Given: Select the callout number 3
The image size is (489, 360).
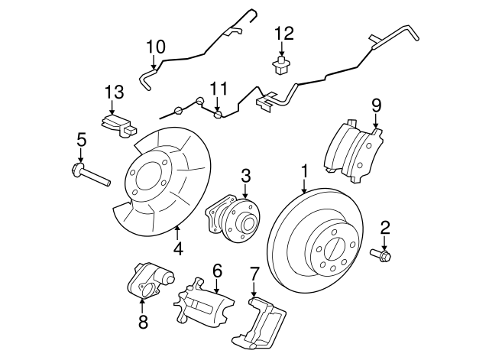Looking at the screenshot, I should pyautogui.click(x=246, y=176).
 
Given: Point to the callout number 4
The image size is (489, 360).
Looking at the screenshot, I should pyautogui.click(x=177, y=248).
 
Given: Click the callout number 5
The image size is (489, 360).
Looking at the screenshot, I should pyautogui.click(x=80, y=139).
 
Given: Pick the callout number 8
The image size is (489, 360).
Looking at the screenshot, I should pyautogui.click(x=143, y=322).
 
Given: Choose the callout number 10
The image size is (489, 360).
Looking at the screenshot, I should pyautogui.click(x=155, y=47).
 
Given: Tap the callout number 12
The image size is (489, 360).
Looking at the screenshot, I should pyautogui.click(x=283, y=33).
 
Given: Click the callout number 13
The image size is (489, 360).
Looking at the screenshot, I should pyautogui.click(x=113, y=92).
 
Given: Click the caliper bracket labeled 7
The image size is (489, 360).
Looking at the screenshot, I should pyautogui.click(x=265, y=322).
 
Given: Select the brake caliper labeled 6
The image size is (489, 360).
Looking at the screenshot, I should pyautogui.click(x=202, y=306).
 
